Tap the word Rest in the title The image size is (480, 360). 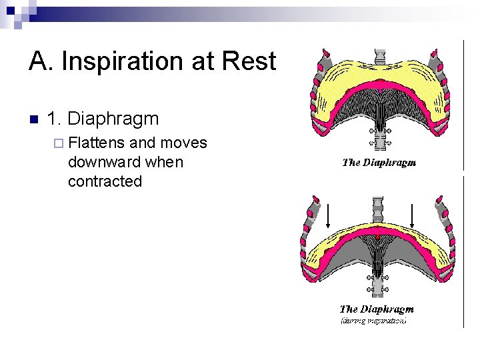tap(250, 62)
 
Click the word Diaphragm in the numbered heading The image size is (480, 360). tap(113, 119)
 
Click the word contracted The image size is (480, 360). tap(105, 181)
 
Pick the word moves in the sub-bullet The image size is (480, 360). tap(184, 143)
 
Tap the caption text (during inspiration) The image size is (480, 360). tap(373, 321)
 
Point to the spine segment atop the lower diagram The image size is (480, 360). tap(378, 208)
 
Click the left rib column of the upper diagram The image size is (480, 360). tap(319, 93)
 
